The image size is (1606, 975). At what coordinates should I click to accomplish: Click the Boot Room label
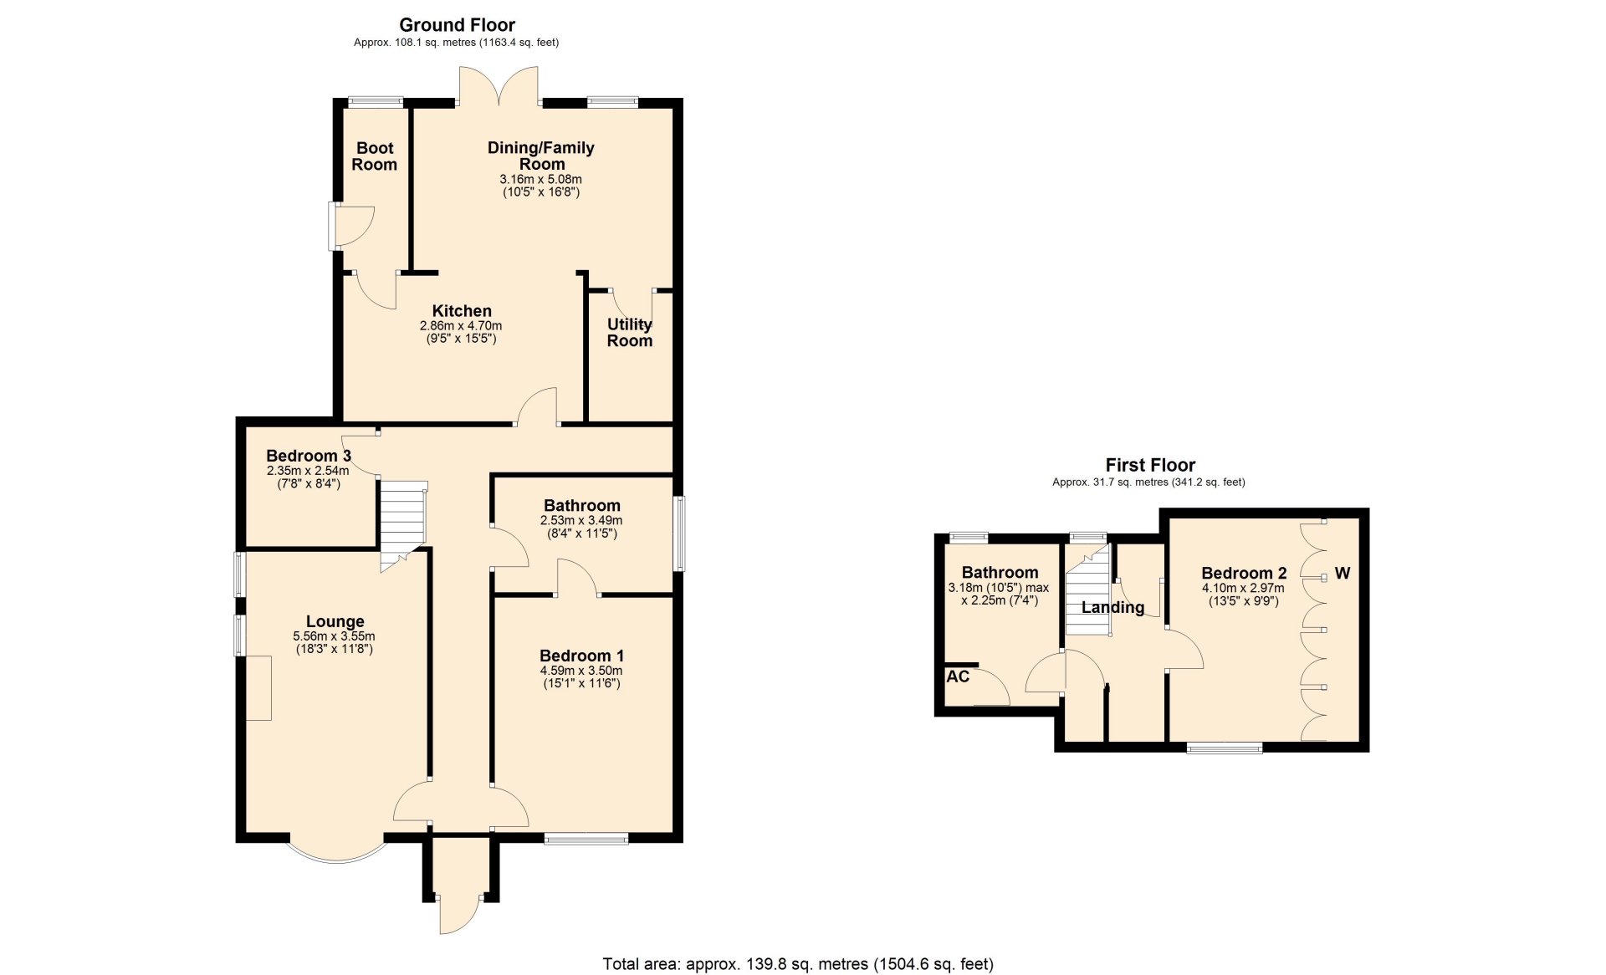(375, 156)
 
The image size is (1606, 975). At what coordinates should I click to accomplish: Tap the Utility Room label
(630, 333)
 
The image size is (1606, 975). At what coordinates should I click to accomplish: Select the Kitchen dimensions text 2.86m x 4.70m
(461, 326)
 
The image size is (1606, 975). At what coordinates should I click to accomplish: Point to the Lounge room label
(335, 621)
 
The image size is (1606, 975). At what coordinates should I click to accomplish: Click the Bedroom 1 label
(581, 656)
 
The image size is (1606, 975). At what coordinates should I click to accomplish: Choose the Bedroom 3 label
(309, 456)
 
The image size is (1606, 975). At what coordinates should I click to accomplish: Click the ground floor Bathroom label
(582, 505)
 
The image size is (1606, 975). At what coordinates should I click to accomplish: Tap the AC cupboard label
(959, 676)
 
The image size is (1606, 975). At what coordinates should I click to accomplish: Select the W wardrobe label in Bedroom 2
(1343, 574)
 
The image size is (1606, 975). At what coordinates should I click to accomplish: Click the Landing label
(1112, 607)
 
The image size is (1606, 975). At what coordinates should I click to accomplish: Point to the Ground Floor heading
(457, 25)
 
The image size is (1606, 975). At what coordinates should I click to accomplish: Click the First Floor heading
(1150, 465)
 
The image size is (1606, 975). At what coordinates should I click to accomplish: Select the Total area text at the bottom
(798, 964)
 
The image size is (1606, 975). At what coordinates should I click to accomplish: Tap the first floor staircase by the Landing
(1087, 590)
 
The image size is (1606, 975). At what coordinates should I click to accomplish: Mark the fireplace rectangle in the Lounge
(258, 687)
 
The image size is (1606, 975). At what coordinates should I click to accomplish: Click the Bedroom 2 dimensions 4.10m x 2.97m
(1243, 588)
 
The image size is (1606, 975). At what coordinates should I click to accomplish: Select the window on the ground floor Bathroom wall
(679, 533)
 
